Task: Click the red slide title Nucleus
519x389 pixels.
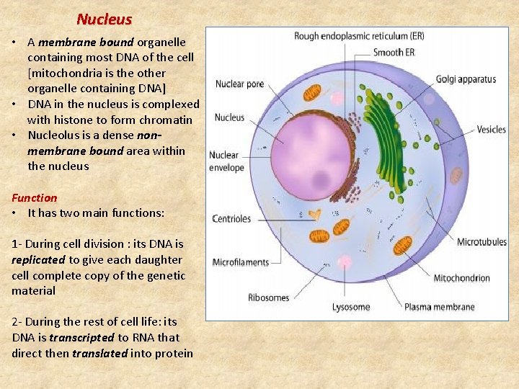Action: pos(104,19)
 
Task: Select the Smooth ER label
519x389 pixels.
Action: pos(394,53)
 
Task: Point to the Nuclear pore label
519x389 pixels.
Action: pos(239,84)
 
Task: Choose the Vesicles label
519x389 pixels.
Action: pos(491,130)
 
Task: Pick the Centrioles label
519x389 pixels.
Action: pos(231,218)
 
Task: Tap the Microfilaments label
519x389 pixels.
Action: pos(241,262)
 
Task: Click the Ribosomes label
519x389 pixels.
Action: pos(268,298)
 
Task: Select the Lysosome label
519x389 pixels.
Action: pos(351,307)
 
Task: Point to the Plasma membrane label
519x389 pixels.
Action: pos(439,307)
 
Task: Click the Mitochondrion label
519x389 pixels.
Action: pos(461,278)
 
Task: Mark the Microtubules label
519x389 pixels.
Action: pos(482,242)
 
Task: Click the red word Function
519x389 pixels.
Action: pos(34,197)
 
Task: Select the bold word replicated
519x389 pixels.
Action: pos(39,259)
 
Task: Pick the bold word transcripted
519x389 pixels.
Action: pos(81,337)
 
